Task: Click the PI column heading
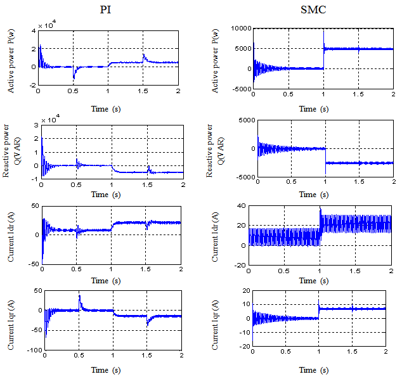pos(107,10)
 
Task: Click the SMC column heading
pos(308,10)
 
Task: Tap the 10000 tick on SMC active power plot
pos(240,29)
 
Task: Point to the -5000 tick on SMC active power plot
pos(240,89)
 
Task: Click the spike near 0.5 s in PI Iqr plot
pos(79,297)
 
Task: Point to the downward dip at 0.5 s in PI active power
pos(74,77)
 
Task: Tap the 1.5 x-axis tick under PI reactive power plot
pos(147,184)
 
